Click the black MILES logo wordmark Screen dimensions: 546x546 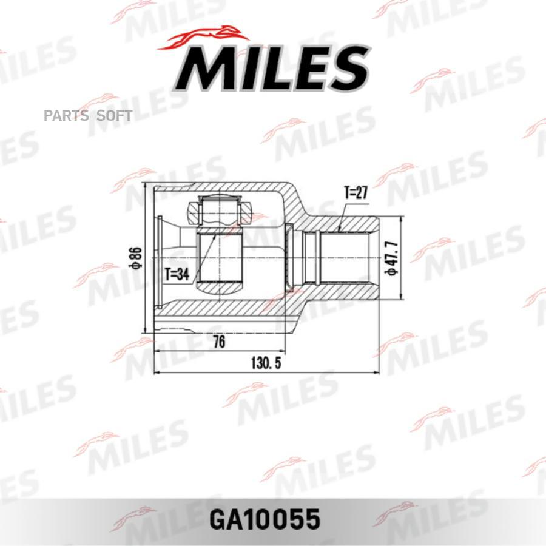(x=271, y=68)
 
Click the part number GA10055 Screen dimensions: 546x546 (x=265, y=519)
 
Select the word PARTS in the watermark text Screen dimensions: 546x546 (x=64, y=116)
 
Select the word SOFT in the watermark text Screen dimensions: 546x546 (x=114, y=116)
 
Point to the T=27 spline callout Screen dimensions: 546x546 (x=356, y=192)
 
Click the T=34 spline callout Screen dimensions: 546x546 (x=177, y=274)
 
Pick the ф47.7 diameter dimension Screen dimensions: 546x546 (x=391, y=258)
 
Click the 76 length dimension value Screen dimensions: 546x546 (x=219, y=342)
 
